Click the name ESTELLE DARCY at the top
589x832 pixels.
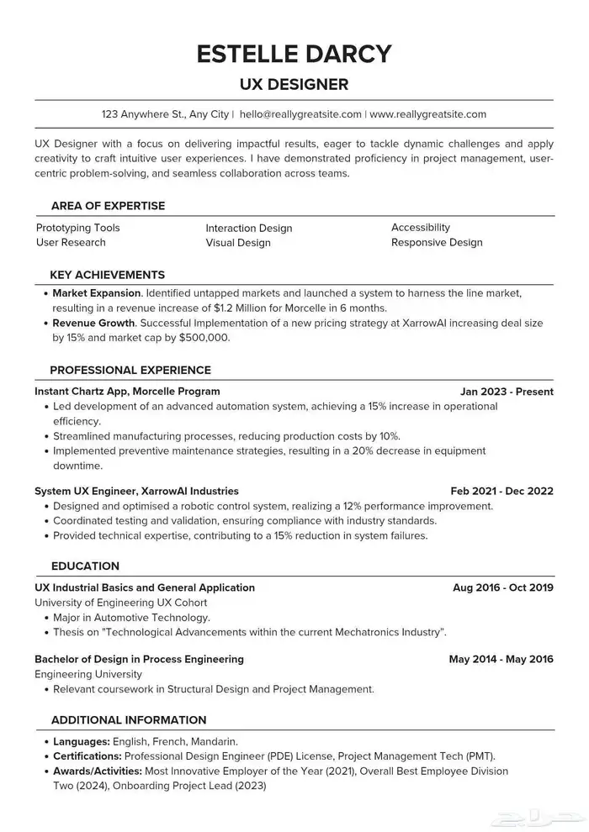pyautogui.click(x=294, y=54)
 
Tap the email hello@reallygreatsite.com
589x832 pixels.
pyautogui.click(x=300, y=114)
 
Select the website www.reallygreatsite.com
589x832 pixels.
pyautogui.click(x=428, y=114)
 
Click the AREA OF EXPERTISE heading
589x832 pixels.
pyautogui.click(x=108, y=206)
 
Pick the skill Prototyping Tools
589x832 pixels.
pyautogui.click(x=78, y=228)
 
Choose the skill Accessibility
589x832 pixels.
pyautogui.click(x=421, y=228)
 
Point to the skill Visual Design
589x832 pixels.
pyautogui.click(x=238, y=243)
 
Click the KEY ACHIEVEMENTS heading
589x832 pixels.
pyautogui.click(x=107, y=275)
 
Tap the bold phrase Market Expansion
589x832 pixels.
pyautogui.click(x=97, y=294)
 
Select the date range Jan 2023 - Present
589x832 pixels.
pyautogui.click(x=507, y=392)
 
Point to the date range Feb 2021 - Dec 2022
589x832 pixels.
pyautogui.click(x=501, y=491)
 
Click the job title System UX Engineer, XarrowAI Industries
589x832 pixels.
pyautogui.click(x=136, y=491)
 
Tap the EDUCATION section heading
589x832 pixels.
pyautogui.click(x=85, y=566)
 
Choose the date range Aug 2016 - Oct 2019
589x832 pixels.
pyautogui.click(x=502, y=587)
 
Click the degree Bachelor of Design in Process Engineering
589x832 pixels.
pyautogui.click(x=139, y=659)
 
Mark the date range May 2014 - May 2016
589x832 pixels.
pyautogui.click(x=501, y=659)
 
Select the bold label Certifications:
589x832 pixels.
pyautogui.click(x=87, y=756)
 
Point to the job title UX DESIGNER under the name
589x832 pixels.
pyautogui.click(x=294, y=85)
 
